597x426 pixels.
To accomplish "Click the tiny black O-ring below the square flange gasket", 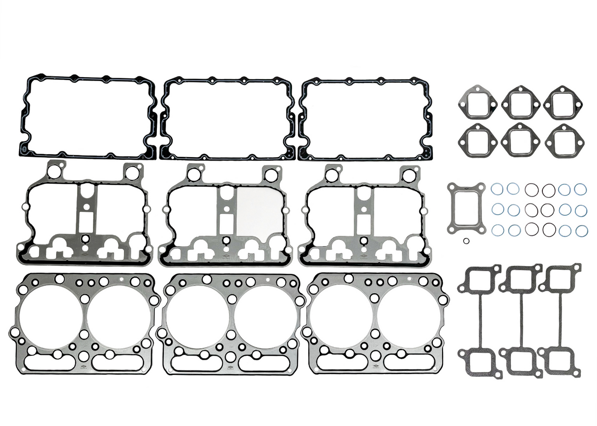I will (x=466, y=240).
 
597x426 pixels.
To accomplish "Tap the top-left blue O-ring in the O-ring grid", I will (x=497, y=189).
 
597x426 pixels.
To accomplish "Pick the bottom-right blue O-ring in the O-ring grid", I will (x=581, y=230).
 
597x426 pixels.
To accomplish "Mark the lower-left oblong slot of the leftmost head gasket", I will (x=49, y=363).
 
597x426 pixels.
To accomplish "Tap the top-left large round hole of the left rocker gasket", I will (x=55, y=172).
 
